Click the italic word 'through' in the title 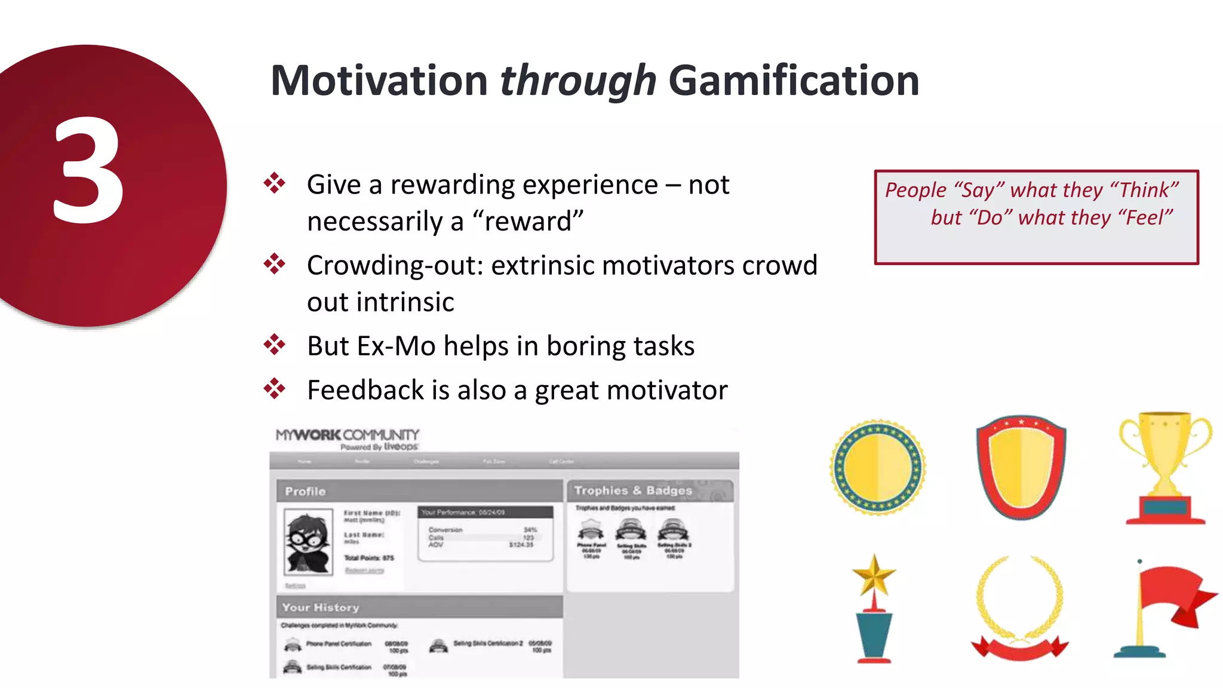click(x=577, y=81)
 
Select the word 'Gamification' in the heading click(x=794, y=81)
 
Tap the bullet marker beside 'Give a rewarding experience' click(x=275, y=183)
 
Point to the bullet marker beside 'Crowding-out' click(x=275, y=264)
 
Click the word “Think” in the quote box click(x=1144, y=190)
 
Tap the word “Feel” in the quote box click(x=1145, y=217)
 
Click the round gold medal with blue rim click(x=877, y=468)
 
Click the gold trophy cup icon click(x=1165, y=466)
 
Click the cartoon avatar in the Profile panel click(x=308, y=542)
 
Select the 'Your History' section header click(x=321, y=607)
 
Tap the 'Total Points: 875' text click(x=369, y=558)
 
